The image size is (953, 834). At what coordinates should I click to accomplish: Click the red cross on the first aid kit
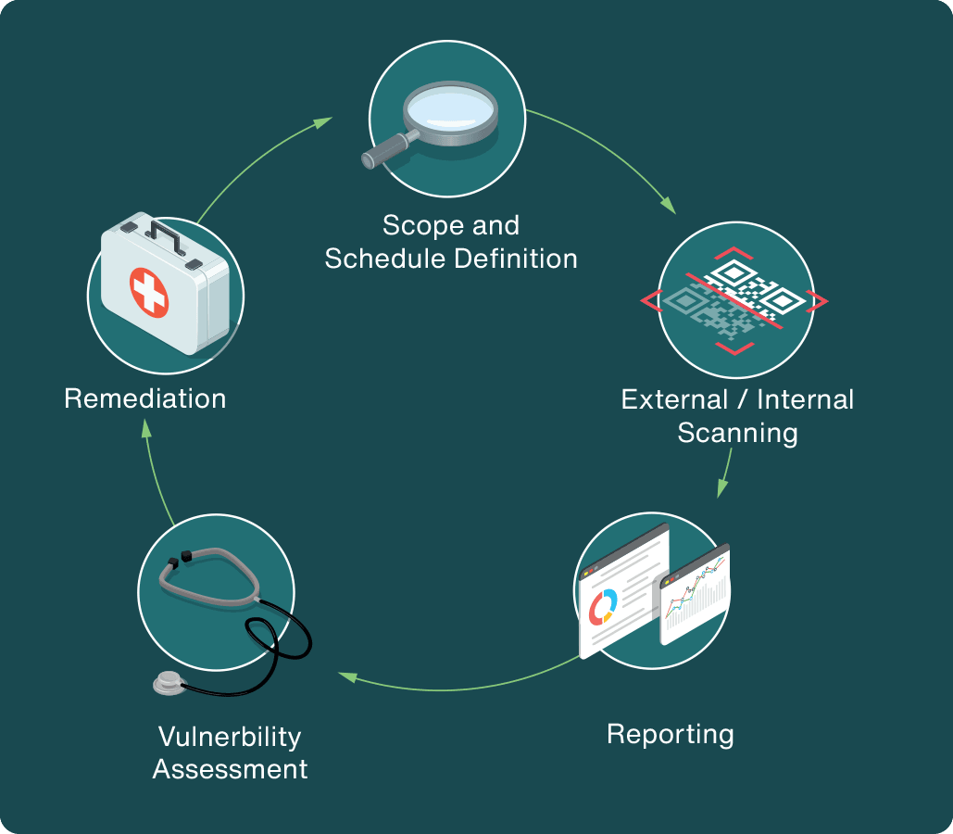coord(149,293)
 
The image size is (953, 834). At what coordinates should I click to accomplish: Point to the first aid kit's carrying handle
coord(165,237)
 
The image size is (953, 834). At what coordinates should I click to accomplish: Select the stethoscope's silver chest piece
coord(169,683)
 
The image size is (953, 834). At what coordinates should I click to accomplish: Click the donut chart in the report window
coord(603,607)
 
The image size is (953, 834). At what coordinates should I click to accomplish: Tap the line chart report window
coord(695,594)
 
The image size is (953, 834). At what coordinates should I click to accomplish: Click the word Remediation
coord(145,399)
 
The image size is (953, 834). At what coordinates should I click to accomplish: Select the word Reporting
coord(671,734)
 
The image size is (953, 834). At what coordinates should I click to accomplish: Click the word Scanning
coord(737,433)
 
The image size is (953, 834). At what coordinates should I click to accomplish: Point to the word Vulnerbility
coord(230,737)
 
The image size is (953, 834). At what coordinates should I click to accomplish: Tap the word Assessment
coord(230,769)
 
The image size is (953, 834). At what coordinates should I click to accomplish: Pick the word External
coord(674,399)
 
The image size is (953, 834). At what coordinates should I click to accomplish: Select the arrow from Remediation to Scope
coord(256,160)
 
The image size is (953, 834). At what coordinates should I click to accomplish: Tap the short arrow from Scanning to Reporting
coord(724,474)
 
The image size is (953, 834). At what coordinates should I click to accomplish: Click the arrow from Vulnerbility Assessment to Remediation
coord(155,474)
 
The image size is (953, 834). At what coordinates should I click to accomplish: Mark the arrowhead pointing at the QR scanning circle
coord(668,206)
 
